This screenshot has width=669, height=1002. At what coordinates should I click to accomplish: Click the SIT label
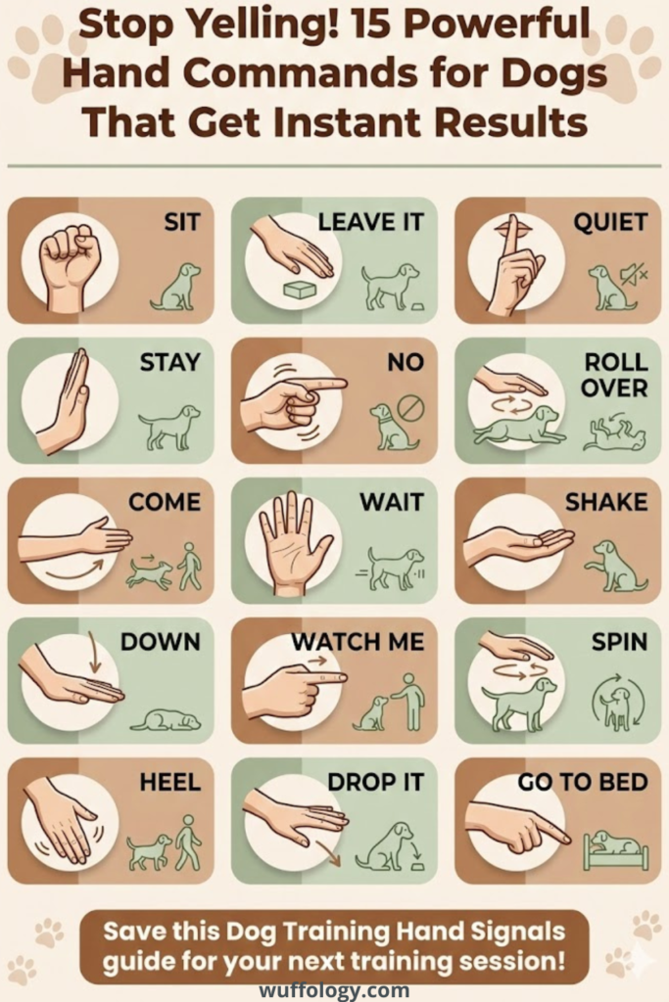[181, 223]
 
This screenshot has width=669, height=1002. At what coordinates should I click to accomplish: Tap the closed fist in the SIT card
[69, 260]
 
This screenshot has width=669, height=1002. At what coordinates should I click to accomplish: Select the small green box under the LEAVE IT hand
[299, 291]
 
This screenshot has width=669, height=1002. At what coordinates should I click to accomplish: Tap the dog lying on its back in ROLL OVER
[613, 434]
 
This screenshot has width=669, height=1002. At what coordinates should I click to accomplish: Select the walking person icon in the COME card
[190, 567]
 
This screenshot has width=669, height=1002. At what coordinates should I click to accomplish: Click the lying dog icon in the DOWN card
[166, 720]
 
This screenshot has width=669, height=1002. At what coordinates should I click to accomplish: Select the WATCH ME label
[358, 642]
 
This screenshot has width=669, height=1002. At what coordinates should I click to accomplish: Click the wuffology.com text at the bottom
[334, 989]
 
